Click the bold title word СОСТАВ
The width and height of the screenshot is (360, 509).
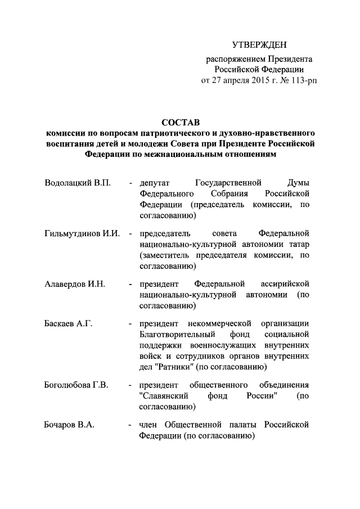click(181, 122)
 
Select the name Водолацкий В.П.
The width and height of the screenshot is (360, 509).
click(78, 183)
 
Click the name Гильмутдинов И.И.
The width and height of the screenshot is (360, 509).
click(82, 233)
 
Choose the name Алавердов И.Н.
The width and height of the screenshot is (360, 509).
click(75, 284)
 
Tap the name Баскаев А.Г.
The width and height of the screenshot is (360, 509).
click(68, 324)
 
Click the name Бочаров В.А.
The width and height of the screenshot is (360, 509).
click(69, 425)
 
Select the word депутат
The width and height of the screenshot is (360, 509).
click(155, 183)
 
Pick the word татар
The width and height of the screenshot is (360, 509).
click(299, 245)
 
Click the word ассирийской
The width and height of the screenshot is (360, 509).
click(285, 284)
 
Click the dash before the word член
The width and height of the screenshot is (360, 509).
click(130, 425)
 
